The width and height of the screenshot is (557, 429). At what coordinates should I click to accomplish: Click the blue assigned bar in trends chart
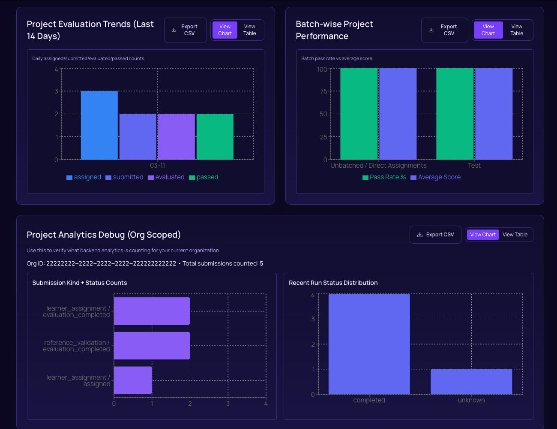99,125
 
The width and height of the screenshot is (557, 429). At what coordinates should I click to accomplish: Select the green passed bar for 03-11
215,137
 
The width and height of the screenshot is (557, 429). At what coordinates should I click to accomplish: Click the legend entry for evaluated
166,177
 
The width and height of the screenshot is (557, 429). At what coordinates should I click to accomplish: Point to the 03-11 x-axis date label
157,166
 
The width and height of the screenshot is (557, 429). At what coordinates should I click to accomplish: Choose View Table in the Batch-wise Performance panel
517,30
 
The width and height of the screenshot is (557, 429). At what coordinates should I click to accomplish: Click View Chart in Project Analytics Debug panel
482,235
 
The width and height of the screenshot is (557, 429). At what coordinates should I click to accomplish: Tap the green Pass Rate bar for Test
455,114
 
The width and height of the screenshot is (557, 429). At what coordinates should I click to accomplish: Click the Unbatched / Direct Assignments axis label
378,166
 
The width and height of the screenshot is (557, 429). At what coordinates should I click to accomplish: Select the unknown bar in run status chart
471,382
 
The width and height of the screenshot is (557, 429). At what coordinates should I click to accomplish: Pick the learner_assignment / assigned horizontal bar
133,380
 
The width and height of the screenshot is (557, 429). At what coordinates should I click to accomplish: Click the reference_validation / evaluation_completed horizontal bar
152,346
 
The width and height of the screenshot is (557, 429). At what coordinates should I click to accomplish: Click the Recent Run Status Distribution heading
333,283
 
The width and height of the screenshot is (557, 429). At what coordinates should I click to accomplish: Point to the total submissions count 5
261,263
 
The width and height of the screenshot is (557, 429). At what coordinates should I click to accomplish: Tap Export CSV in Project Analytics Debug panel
435,235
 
